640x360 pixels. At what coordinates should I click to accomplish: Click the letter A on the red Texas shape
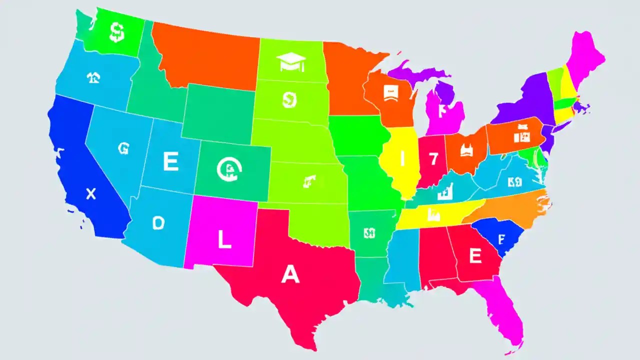(290, 274)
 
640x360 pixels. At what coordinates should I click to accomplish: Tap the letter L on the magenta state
(224, 240)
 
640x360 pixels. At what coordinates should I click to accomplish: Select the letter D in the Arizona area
(158, 223)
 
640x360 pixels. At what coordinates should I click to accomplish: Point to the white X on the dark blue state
(90, 194)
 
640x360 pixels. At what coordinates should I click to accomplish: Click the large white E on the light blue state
(170, 162)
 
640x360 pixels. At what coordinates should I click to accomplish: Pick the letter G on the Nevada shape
(123, 147)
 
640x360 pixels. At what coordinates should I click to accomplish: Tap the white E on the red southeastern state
(474, 256)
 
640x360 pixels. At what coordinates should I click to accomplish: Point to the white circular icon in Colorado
(229, 169)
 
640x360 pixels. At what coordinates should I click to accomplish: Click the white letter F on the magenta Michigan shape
(441, 111)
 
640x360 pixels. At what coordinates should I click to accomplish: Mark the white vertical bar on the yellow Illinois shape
(402, 159)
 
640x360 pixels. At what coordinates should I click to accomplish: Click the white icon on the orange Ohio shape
(467, 150)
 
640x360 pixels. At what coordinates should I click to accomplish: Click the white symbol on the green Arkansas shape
(369, 233)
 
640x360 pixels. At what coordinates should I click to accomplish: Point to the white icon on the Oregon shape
(93, 77)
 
